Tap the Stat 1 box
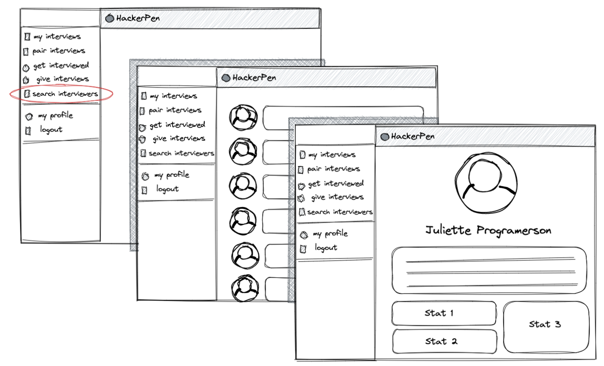coord(443,313)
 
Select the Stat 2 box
coord(445,341)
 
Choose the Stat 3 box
coord(546,325)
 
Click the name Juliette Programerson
coord(488,230)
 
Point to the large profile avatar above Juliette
coord(486,183)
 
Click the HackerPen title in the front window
coord(412,137)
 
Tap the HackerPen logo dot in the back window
coord(110,18)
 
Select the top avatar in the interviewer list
coord(243,117)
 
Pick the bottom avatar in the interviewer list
coord(245,288)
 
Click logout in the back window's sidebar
coord(51,130)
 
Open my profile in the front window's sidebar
coord(330,234)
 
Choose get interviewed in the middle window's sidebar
coord(177,125)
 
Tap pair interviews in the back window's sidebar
coord(58,51)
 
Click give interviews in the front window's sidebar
coord(337,197)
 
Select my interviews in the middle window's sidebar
coord(173,96)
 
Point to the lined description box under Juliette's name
coord(489,270)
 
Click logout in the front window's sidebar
coord(326,248)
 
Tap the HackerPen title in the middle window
coord(254,78)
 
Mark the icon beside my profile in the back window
coord(29,116)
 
